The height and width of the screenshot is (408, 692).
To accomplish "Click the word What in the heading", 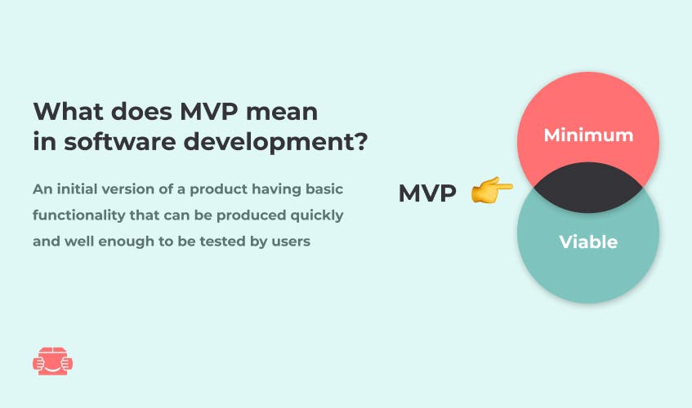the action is click(68, 111).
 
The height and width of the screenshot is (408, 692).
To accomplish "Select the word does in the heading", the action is click(141, 111).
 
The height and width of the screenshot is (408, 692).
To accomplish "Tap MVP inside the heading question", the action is click(209, 111).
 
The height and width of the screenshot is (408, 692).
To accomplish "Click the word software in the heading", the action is click(119, 142).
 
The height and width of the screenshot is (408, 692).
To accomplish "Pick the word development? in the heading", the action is click(275, 143).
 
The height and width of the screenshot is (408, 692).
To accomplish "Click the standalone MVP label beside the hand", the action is click(427, 193).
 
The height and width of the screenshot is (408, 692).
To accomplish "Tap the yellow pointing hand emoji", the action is click(492, 190).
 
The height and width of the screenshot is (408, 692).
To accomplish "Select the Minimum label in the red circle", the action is click(588, 135).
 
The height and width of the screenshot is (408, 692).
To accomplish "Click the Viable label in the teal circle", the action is click(588, 242).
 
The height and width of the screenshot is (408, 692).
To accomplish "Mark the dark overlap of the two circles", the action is click(588, 188).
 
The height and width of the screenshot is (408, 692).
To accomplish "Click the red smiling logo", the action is click(52, 361).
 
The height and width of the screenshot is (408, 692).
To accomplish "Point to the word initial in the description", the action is click(77, 189).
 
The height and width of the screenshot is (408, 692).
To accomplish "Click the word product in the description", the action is click(218, 190).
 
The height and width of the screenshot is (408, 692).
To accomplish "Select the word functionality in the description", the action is click(79, 215).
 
